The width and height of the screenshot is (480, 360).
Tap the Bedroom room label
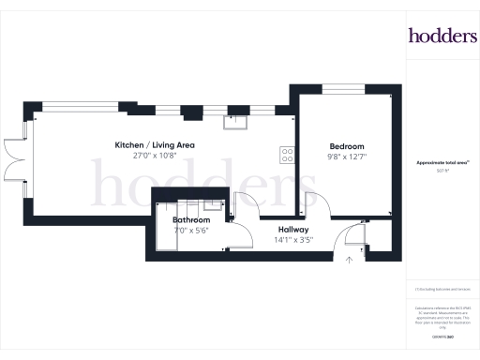coord(345,145)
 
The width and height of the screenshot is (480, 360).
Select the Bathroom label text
coord(190,220)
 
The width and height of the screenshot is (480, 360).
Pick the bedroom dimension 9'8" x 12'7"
coord(345,157)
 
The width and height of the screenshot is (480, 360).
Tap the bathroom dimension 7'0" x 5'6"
coord(190,231)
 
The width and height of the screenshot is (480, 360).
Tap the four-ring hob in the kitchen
coord(286,157)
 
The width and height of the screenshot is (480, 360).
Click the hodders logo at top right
coord(442,36)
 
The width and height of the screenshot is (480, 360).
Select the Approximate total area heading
coord(442,162)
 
